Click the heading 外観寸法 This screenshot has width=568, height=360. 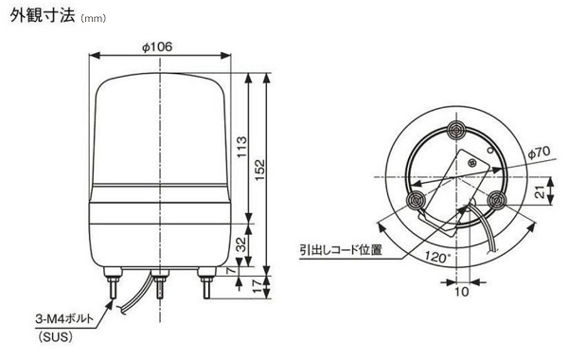[43, 15]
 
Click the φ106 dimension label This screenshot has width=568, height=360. [157, 47]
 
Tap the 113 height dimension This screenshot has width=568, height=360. [241, 147]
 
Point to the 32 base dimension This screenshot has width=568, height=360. [241, 244]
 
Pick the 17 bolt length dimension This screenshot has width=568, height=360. [257, 285]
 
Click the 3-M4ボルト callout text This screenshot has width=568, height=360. [64, 319]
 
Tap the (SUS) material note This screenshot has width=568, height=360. [55, 337]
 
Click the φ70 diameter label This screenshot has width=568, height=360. [539, 153]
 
